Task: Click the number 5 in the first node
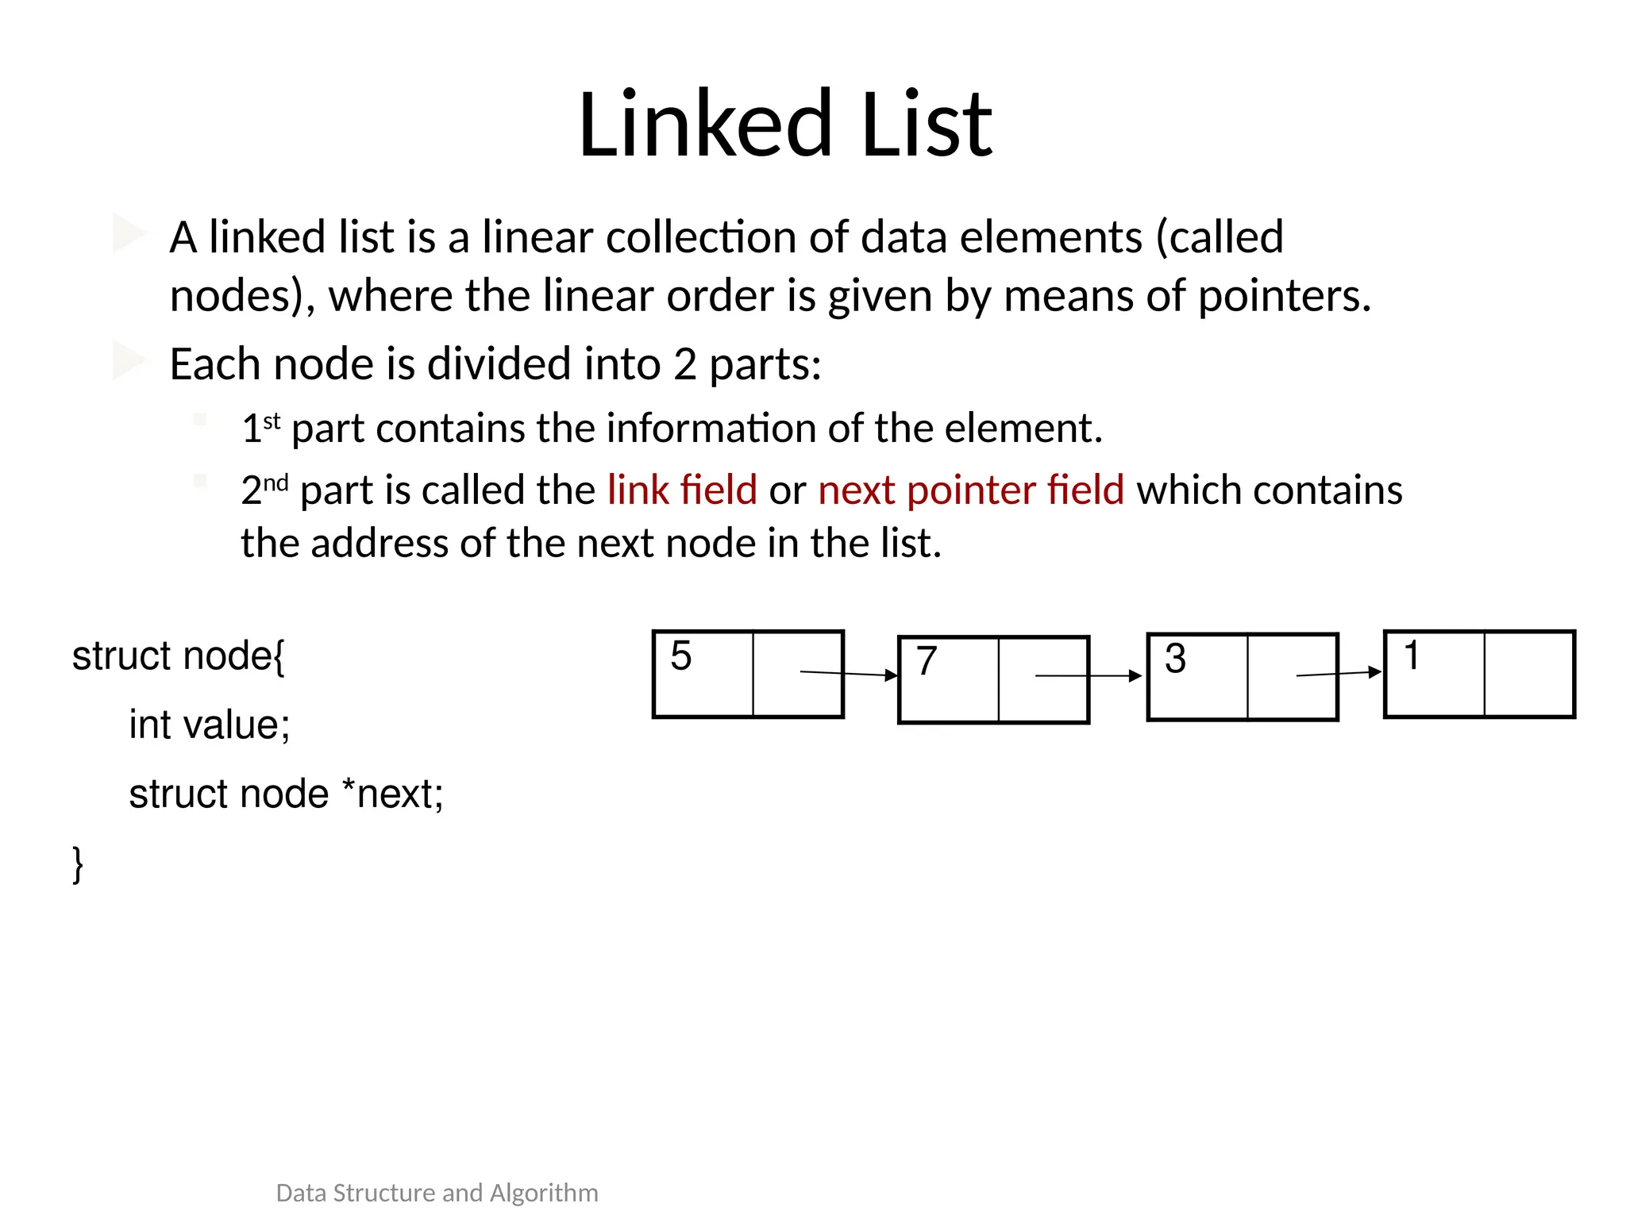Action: pos(680,656)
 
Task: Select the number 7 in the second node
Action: pos(927,661)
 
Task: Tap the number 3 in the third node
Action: pos(1175,659)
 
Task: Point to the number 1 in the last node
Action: pos(1411,656)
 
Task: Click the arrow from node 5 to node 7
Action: pos(849,674)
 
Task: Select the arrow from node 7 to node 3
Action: pos(1088,676)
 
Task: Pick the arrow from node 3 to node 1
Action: pos(1339,674)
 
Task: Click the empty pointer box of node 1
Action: pos(1528,675)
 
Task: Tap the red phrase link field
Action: pos(682,490)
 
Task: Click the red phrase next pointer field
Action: pos(971,490)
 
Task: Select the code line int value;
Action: pos(210,725)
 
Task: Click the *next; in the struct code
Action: pos(392,794)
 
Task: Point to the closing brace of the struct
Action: pos(78,863)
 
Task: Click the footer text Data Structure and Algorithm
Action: pos(437,1193)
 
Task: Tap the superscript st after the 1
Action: pos(272,421)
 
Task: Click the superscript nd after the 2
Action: pos(275,483)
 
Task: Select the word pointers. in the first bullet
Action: pos(1284,296)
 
